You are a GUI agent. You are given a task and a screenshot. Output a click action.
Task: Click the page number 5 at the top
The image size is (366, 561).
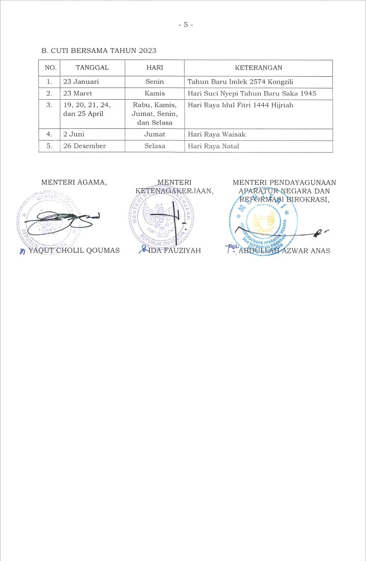point(186,24)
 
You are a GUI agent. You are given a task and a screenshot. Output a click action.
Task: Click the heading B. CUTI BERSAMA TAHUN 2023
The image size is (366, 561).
point(99,50)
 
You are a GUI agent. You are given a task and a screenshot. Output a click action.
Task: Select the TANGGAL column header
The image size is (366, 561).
point(92,68)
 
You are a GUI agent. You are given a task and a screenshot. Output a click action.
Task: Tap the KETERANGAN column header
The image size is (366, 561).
point(258,68)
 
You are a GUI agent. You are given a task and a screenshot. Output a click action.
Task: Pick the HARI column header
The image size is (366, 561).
point(155,68)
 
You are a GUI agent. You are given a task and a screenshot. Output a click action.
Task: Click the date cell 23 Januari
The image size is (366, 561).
point(81,81)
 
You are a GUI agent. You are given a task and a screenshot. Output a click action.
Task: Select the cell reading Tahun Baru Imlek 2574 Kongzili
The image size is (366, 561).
point(240,81)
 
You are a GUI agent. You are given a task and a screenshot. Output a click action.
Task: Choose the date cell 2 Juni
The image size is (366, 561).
point(75,134)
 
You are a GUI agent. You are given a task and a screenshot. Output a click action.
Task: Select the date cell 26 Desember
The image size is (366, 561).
point(84,146)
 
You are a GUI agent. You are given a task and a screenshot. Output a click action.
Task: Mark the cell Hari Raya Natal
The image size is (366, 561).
point(213,146)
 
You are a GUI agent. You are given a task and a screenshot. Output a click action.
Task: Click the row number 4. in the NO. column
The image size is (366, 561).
point(49,134)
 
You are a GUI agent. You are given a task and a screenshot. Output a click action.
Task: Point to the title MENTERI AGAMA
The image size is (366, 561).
point(74,183)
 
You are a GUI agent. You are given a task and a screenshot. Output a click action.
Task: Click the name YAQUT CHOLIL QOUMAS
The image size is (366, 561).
point(74,250)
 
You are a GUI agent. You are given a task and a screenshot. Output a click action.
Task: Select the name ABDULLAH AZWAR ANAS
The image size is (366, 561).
point(284,250)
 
